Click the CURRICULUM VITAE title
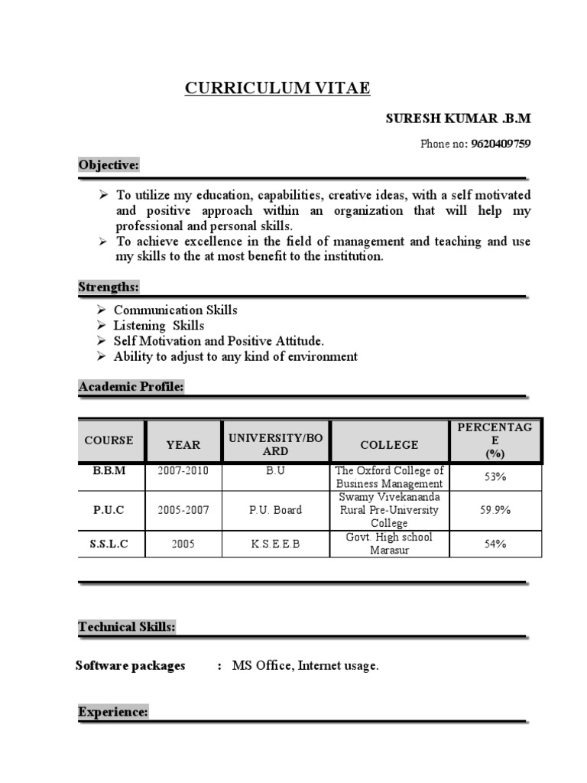coord(277,89)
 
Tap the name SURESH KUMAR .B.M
coord(458,119)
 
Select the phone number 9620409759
coord(501,143)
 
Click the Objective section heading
coord(109,165)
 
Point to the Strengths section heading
coord(109,288)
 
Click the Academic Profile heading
coord(131,388)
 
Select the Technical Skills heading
coord(127,628)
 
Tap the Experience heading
coord(112,713)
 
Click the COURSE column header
coord(109,440)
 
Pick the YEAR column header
coord(183,444)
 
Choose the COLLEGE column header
coord(389,444)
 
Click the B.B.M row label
coord(109,471)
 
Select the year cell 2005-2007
coord(183,510)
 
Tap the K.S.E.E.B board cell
coord(275,544)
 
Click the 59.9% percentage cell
coord(495,510)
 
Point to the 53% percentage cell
coord(495,477)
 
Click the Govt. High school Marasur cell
coord(389,544)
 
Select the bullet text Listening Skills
coord(159,326)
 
